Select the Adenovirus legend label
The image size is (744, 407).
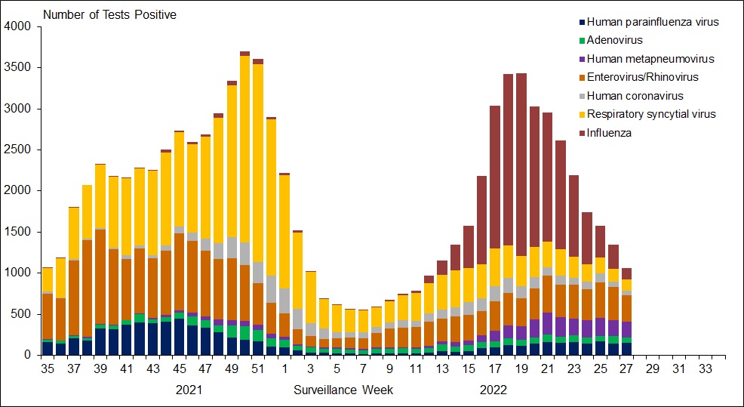click(x=615, y=40)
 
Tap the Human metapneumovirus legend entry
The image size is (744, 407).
click(x=650, y=59)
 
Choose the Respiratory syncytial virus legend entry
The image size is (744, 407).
click(x=650, y=114)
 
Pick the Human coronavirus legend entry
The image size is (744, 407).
click(x=635, y=96)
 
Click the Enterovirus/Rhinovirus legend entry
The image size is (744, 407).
click(x=642, y=77)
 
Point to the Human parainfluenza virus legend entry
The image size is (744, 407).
click(x=652, y=22)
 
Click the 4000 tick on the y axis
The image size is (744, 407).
click(x=19, y=26)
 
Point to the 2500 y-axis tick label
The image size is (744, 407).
click(x=19, y=150)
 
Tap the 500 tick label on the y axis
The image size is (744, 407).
click(x=22, y=314)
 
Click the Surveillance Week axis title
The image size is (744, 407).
click(x=343, y=390)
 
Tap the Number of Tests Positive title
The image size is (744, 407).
click(x=109, y=15)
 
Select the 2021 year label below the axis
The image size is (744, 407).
click(x=189, y=390)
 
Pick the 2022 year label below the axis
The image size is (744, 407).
click(x=493, y=390)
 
